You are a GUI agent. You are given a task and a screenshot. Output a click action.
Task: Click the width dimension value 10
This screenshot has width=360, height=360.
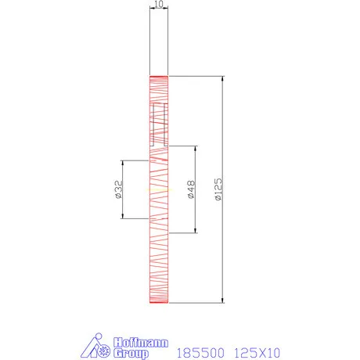click(159, 5)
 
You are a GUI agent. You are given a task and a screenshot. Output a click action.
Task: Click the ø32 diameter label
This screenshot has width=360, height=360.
click(117, 190)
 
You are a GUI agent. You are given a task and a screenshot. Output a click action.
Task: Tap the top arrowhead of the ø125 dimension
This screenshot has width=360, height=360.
click(224, 78)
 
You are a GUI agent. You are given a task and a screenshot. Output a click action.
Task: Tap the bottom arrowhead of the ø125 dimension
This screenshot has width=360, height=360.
click(224, 301)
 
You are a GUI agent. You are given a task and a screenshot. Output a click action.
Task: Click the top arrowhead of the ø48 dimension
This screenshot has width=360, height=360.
click(196, 146)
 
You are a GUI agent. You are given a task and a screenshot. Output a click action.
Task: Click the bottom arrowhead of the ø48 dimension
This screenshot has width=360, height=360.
click(196, 231)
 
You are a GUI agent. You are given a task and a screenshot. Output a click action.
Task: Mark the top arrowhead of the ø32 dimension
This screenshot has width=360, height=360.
click(122, 163)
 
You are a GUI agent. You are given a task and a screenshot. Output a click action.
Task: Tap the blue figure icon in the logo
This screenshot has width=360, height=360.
click(97, 347)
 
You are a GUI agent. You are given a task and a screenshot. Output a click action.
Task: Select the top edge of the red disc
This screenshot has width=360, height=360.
click(159, 76)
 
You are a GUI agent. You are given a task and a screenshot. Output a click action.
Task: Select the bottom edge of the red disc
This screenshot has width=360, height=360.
click(159, 304)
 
